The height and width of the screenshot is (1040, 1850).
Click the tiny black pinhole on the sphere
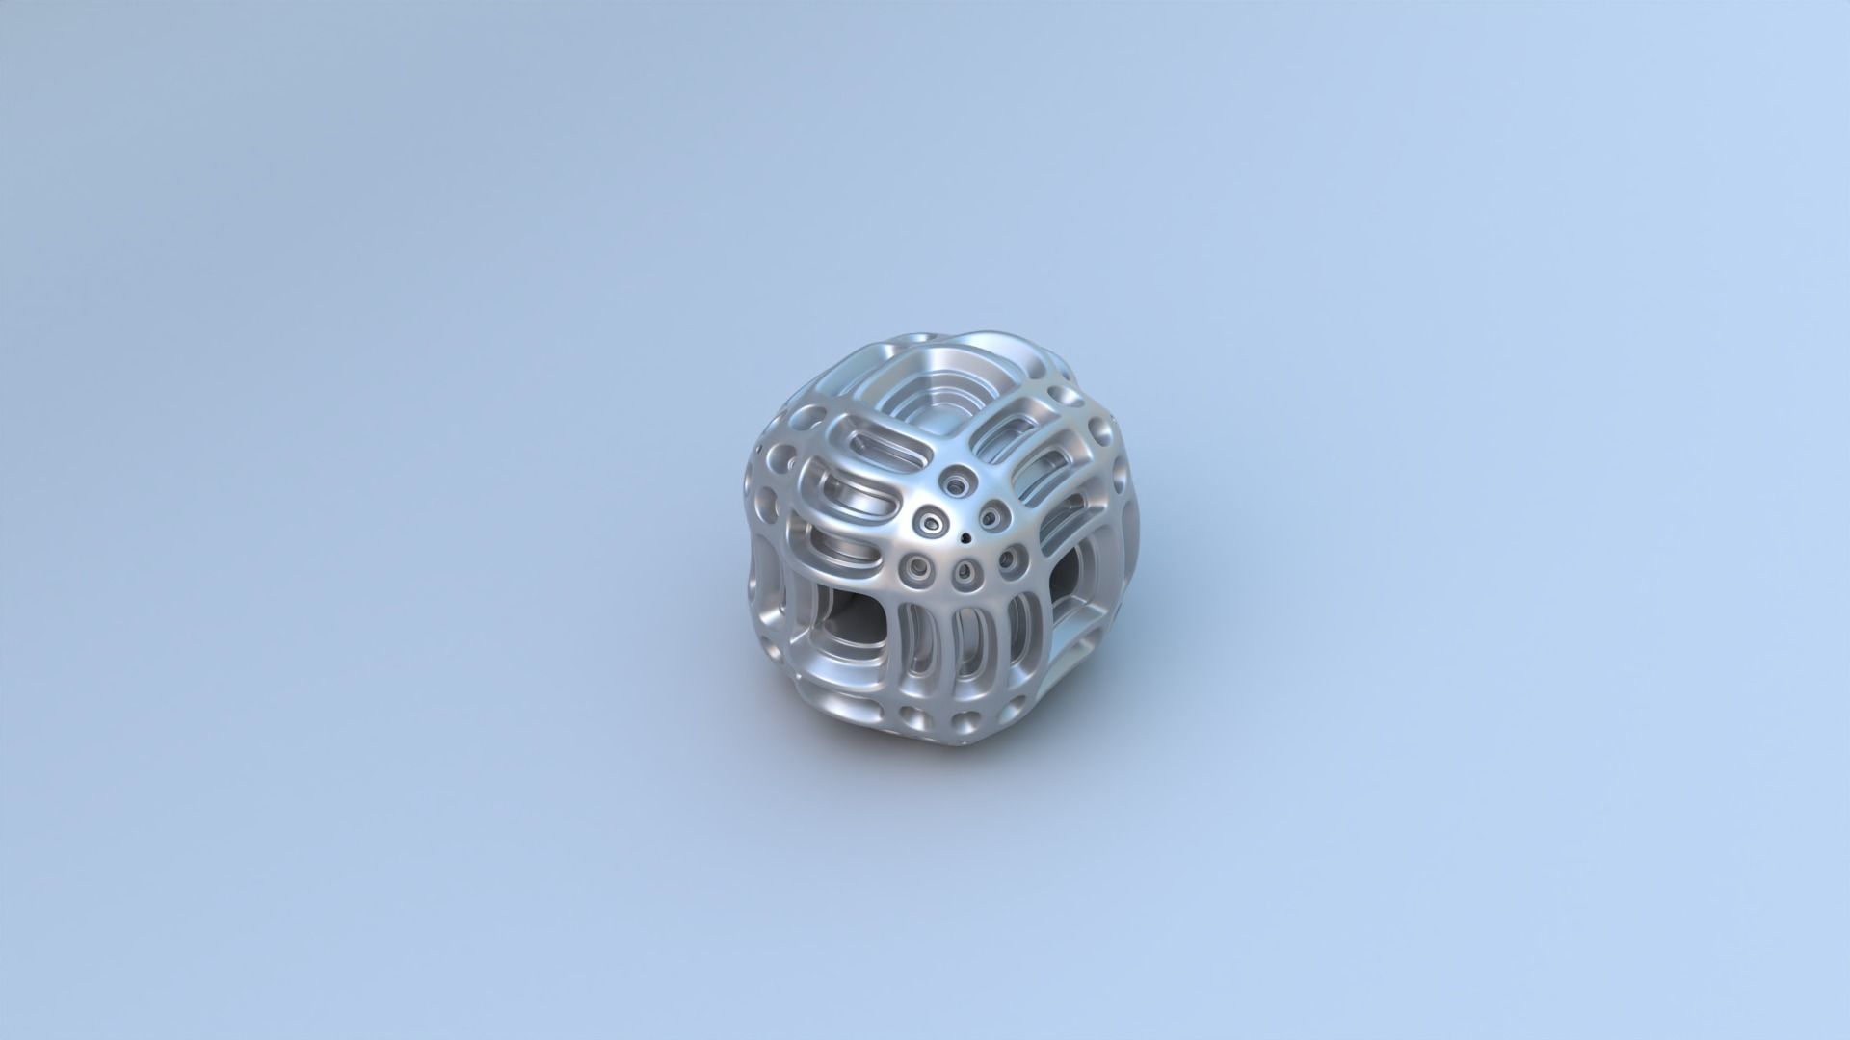(x=965, y=540)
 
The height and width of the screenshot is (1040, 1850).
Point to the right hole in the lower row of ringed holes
(x=1012, y=559)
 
